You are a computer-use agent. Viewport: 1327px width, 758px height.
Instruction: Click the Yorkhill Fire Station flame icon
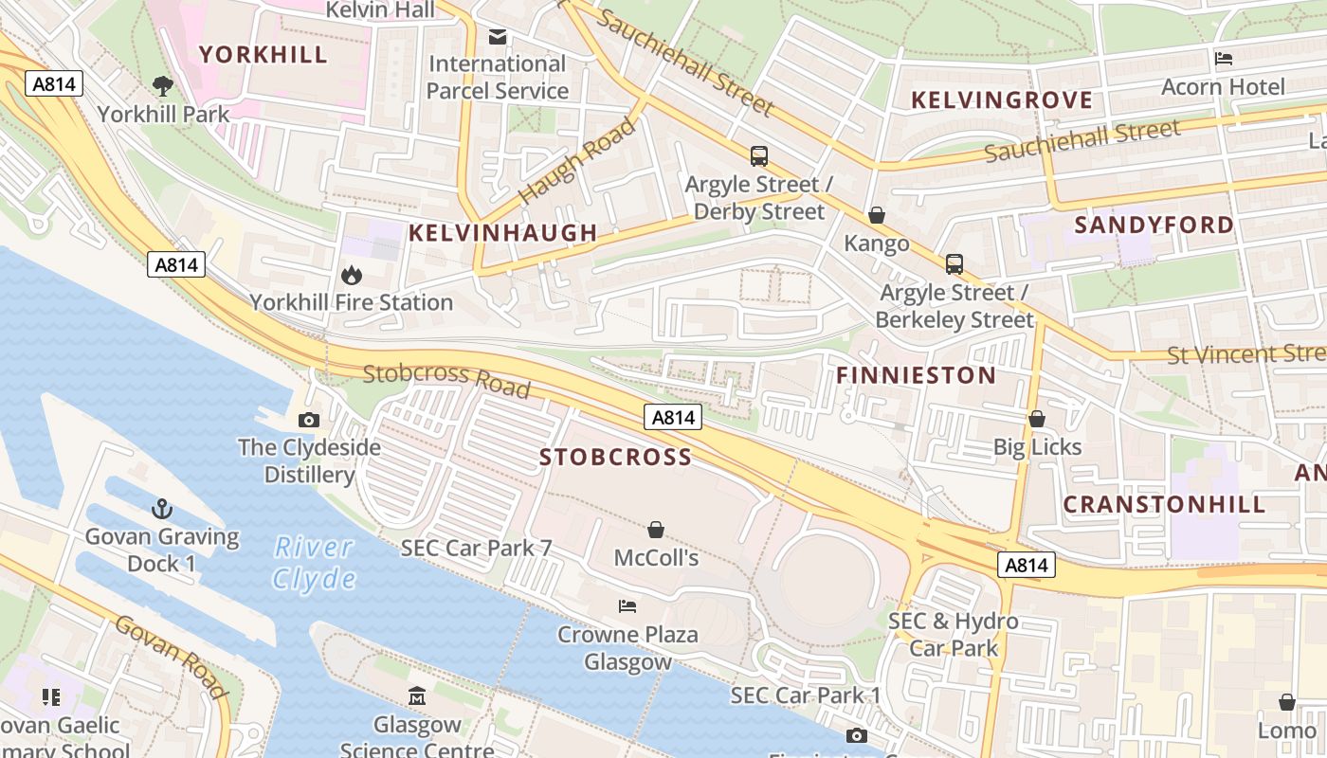click(351, 276)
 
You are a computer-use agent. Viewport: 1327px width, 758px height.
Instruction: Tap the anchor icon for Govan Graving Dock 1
click(161, 509)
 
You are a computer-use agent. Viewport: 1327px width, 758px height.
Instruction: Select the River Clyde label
click(315, 563)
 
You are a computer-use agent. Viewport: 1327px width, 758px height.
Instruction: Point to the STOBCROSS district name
click(615, 458)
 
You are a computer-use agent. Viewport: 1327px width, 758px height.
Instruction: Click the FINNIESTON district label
click(916, 375)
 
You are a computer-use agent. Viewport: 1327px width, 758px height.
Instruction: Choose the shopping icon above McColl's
click(655, 530)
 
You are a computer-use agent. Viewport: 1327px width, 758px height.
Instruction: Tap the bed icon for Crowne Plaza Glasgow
click(627, 606)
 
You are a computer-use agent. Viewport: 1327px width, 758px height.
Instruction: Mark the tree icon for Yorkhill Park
click(163, 86)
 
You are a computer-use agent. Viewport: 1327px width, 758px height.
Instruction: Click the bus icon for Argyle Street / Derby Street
click(758, 156)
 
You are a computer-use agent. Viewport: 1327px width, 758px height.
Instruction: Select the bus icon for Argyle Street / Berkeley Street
click(954, 264)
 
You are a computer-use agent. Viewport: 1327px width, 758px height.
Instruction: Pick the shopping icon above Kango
click(877, 216)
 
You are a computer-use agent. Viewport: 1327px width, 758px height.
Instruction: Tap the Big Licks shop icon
click(1037, 419)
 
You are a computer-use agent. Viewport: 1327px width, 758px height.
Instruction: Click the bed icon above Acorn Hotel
click(1224, 59)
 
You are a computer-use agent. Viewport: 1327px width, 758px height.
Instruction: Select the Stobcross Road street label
click(446, 379)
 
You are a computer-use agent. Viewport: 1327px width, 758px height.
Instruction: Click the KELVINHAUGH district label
click(502, 232)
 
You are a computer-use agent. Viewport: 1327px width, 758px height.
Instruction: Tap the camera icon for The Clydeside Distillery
click(308, 420)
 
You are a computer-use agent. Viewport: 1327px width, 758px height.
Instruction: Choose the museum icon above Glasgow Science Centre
click(417, 697)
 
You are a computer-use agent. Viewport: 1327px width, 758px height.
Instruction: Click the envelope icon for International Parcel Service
click(498, 37)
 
